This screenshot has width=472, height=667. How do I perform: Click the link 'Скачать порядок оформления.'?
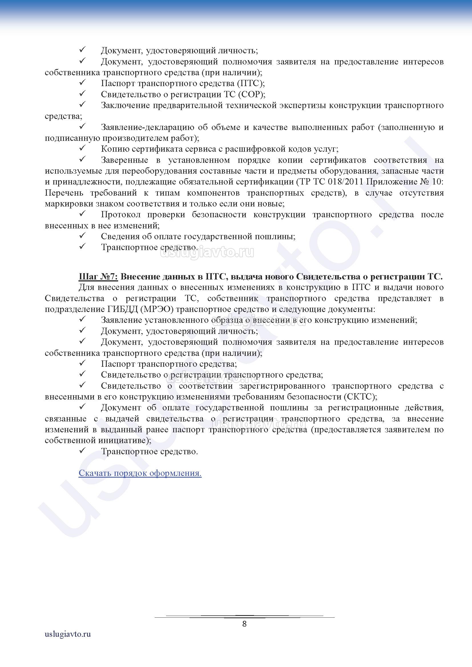point(140,473)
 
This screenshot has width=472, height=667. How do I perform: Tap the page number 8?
point(245,624)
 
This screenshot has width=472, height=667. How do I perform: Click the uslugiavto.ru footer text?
point(68,642)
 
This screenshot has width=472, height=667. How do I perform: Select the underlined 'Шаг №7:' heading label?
point(98,277)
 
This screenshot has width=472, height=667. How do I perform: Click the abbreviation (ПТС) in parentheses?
point(250,83)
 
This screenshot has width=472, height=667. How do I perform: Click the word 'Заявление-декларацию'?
point(147,127)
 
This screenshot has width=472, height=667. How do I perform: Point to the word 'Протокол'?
point(121,215)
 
